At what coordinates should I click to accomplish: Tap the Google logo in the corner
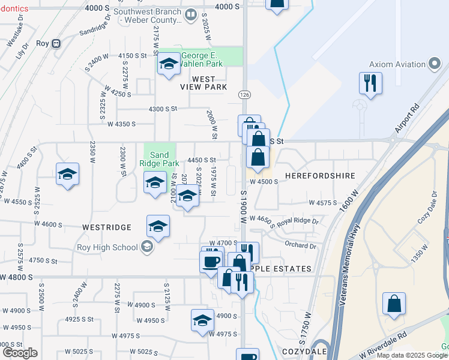pos(20,352)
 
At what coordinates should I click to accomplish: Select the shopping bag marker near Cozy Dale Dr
pos(394,304)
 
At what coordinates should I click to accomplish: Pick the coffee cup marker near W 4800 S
pos(211,262)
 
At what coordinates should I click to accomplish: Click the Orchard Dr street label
pos(300,245)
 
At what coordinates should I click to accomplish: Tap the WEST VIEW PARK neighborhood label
pos(203,83)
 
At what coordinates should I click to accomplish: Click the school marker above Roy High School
pos(158,226)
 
